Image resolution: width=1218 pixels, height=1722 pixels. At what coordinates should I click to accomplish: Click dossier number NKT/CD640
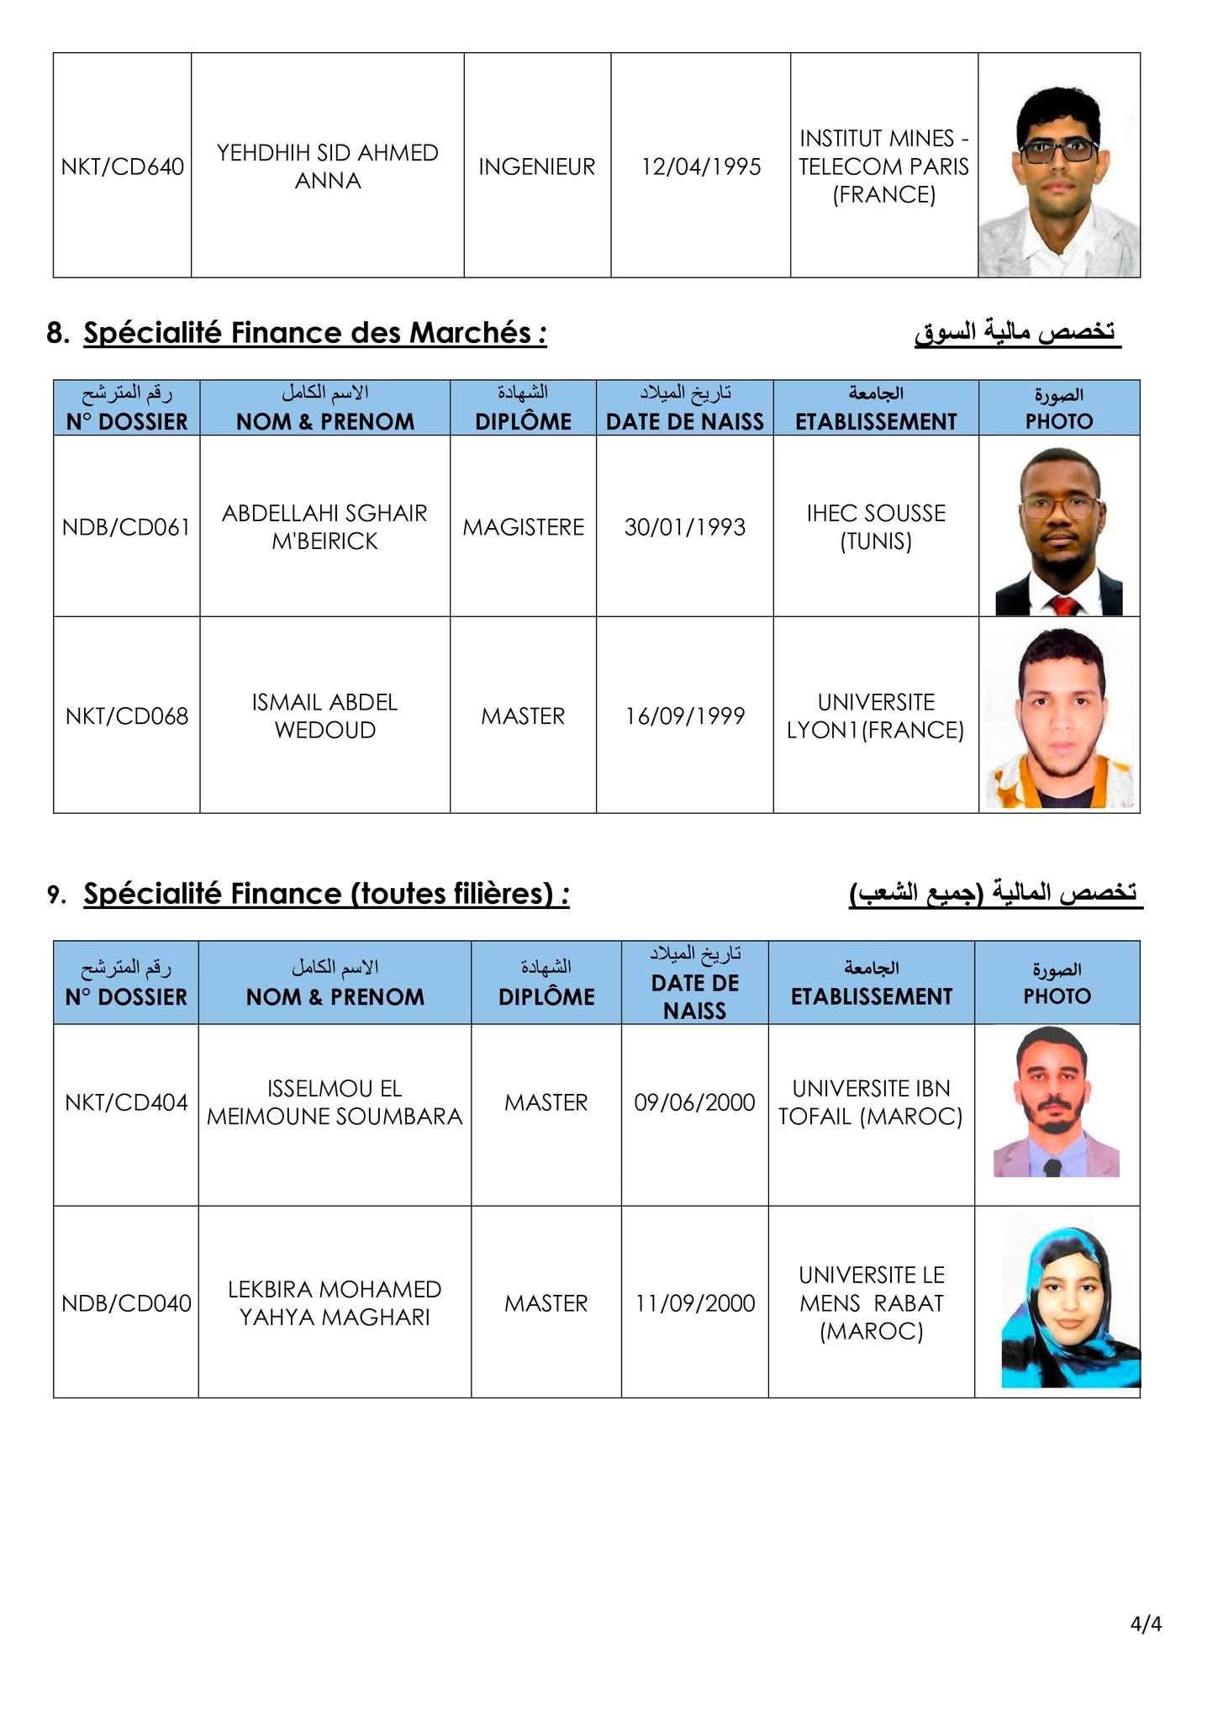pyautogui.click(x=123, y=166)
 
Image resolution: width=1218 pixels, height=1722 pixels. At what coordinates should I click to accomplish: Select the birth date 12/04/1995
pyautogui.click(x=701, y=166)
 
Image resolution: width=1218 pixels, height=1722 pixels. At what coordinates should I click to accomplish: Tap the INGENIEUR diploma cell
pyautogui.click(x=537, y=166)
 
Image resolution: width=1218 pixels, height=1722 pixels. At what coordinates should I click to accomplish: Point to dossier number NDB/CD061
pyautogui.click(x=126, y=527)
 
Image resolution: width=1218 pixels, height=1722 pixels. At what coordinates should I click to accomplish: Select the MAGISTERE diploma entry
pyautogui.click(x=523, y=527)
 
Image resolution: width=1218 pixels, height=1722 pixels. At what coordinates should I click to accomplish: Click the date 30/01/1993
pyautogui.click(x=685, y=527)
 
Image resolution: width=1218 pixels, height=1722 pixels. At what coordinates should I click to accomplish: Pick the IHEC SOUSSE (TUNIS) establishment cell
pyautogui.click(x=876, y=527)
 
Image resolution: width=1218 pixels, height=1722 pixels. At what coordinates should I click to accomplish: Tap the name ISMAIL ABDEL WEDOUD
pyautogui.click(x=324, y=716)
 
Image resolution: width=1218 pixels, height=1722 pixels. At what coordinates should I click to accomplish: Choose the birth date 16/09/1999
pyautogui.click(x=685, y=716)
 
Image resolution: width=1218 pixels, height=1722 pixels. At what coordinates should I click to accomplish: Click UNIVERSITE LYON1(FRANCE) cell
pyautogui.click(x=876, y=716)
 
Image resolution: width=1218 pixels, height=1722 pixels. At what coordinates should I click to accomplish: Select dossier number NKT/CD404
pyautogui.click(x=126, y=1102)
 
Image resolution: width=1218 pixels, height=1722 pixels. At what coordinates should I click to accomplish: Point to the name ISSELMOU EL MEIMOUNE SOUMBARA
pyautogui.click(x=335, y=1102)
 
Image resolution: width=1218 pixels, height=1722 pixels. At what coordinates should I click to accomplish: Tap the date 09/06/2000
pyautogui.click(x=695, y=1102)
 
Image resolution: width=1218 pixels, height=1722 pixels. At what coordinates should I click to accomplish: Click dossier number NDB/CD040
pyautogui.click(x=126, y=1303)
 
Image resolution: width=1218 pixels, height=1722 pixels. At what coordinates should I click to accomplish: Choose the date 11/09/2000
pyautogui.click(x=695, y=1303)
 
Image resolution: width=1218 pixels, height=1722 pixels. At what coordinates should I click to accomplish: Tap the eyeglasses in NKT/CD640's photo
pyautogui.click(x=1058, y=151)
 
